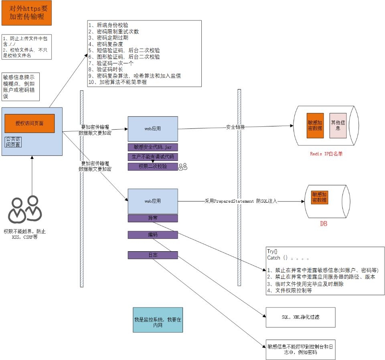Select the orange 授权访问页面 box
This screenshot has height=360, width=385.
29,123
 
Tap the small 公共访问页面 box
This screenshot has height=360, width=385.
13,142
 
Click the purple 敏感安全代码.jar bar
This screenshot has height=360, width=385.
153,147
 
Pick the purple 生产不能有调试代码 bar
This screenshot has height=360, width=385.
153,157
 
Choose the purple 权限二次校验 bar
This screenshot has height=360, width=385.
153,167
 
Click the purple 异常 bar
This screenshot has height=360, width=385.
153,218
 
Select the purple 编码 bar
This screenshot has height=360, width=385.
153,234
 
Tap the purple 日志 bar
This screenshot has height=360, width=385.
153,255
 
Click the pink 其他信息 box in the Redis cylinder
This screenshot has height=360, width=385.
338,126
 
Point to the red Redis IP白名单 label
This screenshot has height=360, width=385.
326,154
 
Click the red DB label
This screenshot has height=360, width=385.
323,224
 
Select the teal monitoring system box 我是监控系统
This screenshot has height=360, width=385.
158,320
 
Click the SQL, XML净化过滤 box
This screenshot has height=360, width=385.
300,317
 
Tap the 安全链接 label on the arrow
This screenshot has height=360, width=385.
235,127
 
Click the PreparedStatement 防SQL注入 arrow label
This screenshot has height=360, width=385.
241,200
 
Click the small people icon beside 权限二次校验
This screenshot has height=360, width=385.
183,167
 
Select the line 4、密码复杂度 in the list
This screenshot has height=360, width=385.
105,44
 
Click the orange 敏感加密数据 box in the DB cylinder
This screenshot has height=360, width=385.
319,197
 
